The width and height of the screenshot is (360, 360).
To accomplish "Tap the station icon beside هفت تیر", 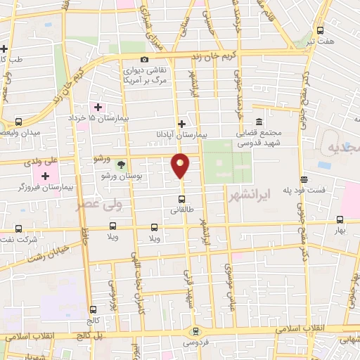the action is (320, 30).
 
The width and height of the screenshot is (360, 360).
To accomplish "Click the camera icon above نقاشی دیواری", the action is (144, 60).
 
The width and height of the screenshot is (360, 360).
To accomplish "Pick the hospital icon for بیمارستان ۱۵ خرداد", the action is (98, 108).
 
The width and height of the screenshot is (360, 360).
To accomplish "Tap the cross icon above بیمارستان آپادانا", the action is (181, 122).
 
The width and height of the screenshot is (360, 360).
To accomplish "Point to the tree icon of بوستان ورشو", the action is (121, 165).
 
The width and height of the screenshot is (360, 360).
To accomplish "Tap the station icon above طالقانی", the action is (181, 199).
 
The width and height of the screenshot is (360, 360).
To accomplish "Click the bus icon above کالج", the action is (94, 309).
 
